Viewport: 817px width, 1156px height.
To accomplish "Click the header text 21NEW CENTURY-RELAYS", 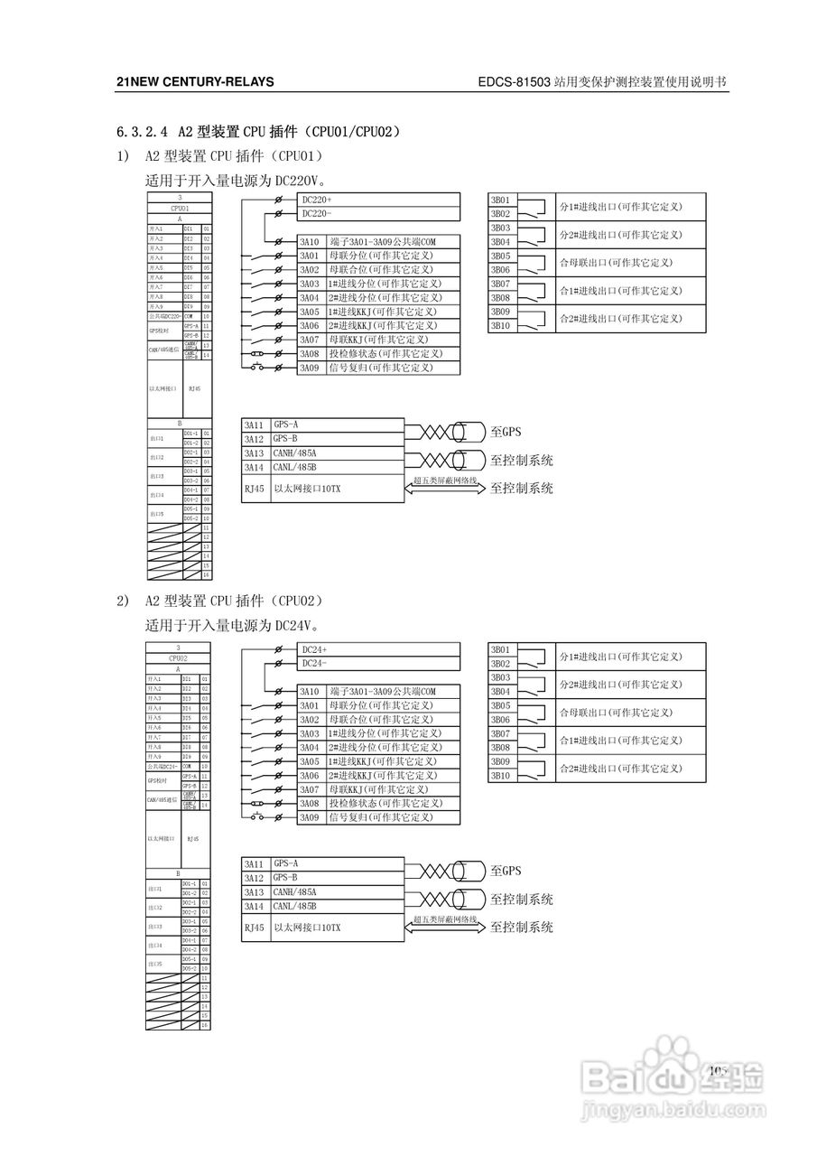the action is tap(195, 82).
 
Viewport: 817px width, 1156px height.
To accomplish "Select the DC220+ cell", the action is tap(317, 200).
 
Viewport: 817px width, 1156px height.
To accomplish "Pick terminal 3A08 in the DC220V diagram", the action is tap(310, 354).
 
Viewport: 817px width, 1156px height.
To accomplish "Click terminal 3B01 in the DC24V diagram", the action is tap(500, 649).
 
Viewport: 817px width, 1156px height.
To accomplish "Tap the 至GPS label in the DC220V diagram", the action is tap(506, 433).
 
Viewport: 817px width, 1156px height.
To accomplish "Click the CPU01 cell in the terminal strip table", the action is tap(179, 208).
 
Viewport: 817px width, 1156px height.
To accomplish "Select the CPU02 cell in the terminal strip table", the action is tap(179, 659).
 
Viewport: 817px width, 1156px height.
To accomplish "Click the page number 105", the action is tap(718, 1070).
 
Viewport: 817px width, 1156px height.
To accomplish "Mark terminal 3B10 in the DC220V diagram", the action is tap(500, 325).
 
